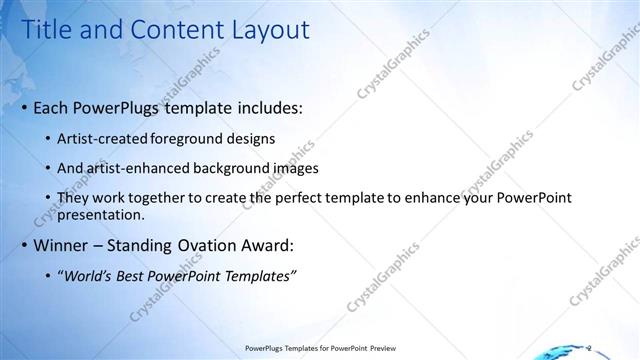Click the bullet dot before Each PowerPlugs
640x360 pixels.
coord(24,108)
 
